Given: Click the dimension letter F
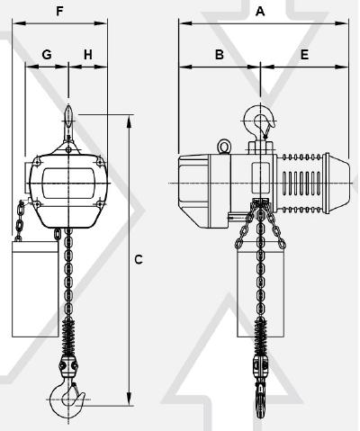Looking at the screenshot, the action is click(59, 12).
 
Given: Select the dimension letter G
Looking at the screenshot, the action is click(47, 55).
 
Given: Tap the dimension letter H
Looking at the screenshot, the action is click(88, 55).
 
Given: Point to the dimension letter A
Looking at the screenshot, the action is click(260, 12).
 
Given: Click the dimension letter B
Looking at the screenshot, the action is click(220, 55).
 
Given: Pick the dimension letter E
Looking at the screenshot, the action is click(304, 55).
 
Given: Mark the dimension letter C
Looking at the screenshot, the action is click(139, 259).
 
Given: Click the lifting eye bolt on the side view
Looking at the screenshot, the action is click(224, 147).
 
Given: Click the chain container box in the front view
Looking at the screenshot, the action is click(35, 289).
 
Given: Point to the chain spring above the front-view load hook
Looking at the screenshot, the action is click(68, 337).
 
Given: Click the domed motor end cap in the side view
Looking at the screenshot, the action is click(337, 183).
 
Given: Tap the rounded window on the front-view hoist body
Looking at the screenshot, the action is click(67, 183).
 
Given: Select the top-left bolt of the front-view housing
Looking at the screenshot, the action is click(37, 161).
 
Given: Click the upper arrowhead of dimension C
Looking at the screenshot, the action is click(129, 121).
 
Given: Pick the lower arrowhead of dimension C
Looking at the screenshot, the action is click(129, 399).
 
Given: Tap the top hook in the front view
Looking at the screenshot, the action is click(68, 124).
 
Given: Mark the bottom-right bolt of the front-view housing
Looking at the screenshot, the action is click(99, 204).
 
